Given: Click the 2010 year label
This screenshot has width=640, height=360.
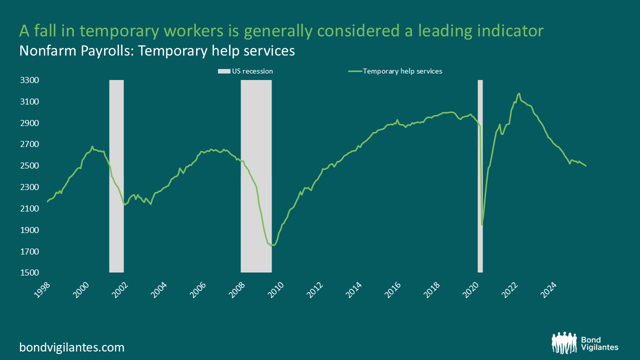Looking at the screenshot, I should point(275,289).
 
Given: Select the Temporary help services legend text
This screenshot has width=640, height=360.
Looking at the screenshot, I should point(402,71).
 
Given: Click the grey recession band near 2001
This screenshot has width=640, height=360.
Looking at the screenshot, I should point(116,175).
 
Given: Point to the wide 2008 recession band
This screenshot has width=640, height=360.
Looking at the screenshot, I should point(256,175).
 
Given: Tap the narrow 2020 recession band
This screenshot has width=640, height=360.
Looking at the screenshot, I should point(480,175).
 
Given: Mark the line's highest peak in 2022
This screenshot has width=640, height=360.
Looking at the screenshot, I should point(519,93).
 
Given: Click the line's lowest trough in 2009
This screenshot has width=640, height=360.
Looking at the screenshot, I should point(272,245).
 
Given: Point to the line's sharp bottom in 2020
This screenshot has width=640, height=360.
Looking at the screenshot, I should point(482,224).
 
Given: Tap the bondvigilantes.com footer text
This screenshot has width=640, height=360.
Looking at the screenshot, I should point(71,347).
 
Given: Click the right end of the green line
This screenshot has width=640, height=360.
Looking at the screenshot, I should point(586,165).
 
